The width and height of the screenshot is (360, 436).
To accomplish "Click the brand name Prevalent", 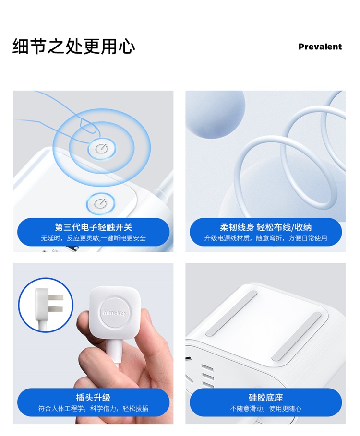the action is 320,47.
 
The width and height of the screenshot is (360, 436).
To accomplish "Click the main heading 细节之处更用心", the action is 74,46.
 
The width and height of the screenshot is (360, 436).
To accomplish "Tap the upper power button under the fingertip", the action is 102,149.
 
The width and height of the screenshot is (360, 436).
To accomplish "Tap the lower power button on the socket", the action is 100,203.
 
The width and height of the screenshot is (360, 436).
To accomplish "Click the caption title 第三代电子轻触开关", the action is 94,227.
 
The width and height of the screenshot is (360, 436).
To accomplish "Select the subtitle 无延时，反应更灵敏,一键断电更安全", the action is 94,238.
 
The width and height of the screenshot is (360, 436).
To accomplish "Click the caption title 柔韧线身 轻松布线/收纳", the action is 266,227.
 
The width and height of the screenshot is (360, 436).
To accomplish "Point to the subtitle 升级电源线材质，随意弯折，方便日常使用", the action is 266,238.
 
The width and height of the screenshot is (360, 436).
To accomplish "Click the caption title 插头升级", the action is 94,397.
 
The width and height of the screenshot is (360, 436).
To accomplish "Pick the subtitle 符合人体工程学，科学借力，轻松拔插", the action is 94,409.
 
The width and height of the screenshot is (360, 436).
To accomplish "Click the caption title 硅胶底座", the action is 266,397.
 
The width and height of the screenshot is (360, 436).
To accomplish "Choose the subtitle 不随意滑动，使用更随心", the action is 266,409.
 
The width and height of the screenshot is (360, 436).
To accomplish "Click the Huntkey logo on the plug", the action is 115,312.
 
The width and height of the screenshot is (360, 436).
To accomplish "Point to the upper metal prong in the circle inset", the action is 56,297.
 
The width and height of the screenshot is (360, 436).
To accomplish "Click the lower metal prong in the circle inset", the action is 56,309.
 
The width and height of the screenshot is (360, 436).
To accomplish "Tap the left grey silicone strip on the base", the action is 231,313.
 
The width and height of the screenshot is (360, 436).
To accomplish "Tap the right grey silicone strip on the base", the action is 297,336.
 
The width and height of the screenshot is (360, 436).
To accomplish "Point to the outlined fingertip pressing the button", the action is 89,129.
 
